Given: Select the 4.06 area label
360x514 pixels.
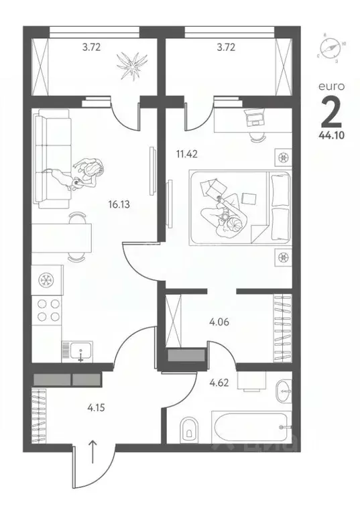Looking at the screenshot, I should coord(220,322).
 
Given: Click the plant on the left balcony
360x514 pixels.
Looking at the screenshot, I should coord(129,65).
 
